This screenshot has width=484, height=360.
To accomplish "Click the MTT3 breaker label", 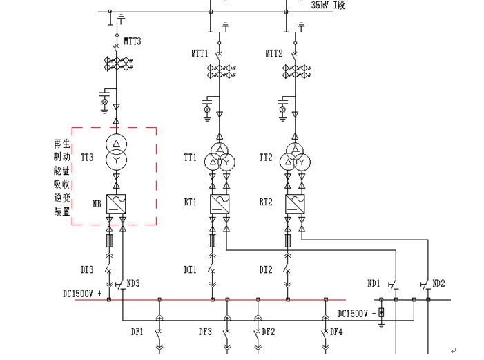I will pos(132,41).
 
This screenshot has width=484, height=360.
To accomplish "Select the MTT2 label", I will pos(274,53).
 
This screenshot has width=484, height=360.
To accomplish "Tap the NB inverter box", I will pos(116,204).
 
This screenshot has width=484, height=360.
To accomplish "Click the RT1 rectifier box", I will pos(220,203).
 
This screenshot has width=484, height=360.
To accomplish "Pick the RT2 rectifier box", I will pos(296,203).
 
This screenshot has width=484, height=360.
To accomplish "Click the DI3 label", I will pos(86,269).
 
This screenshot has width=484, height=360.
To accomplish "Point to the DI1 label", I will pos(190,269).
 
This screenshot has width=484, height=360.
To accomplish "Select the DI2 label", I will pos(266,269).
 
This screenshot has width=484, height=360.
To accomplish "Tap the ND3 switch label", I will pos(133,283).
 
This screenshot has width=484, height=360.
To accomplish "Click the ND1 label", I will pos(374,283).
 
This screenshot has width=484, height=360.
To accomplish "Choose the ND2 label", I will pos(438,283).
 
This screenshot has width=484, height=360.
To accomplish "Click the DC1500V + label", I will pos(82,294).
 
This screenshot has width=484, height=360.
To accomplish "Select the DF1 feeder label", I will pos(137,332).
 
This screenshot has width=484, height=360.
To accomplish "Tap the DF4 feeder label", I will pos(336,332).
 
